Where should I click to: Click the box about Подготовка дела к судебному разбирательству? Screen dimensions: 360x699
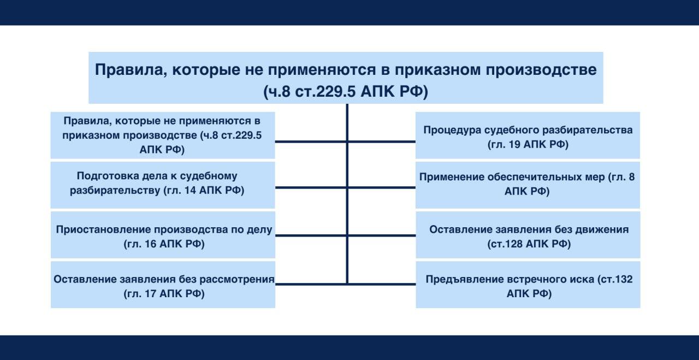(x=163, y=184)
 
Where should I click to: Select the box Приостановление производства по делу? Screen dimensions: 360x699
(x=163, y=237)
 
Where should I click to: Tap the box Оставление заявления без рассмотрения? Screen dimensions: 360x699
(x=163, y=285)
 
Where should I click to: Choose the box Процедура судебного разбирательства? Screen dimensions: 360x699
(x=528, y=137)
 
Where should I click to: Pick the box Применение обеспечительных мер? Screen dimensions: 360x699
(x=528, y=184)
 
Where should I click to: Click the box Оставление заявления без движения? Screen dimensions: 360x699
(x=528, y=237)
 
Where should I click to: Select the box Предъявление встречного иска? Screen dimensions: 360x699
(x=528, y=286)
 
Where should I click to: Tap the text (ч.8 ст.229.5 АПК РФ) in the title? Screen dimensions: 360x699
(x=345, y=91)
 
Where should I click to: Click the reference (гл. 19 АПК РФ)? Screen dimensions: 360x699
(x=528, y=145)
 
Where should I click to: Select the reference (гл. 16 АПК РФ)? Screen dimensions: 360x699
(x=164, y=244)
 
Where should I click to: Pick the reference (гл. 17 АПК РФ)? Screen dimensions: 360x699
(x=164, y=294)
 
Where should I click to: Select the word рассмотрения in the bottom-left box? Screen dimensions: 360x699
(x=239, y=280)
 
